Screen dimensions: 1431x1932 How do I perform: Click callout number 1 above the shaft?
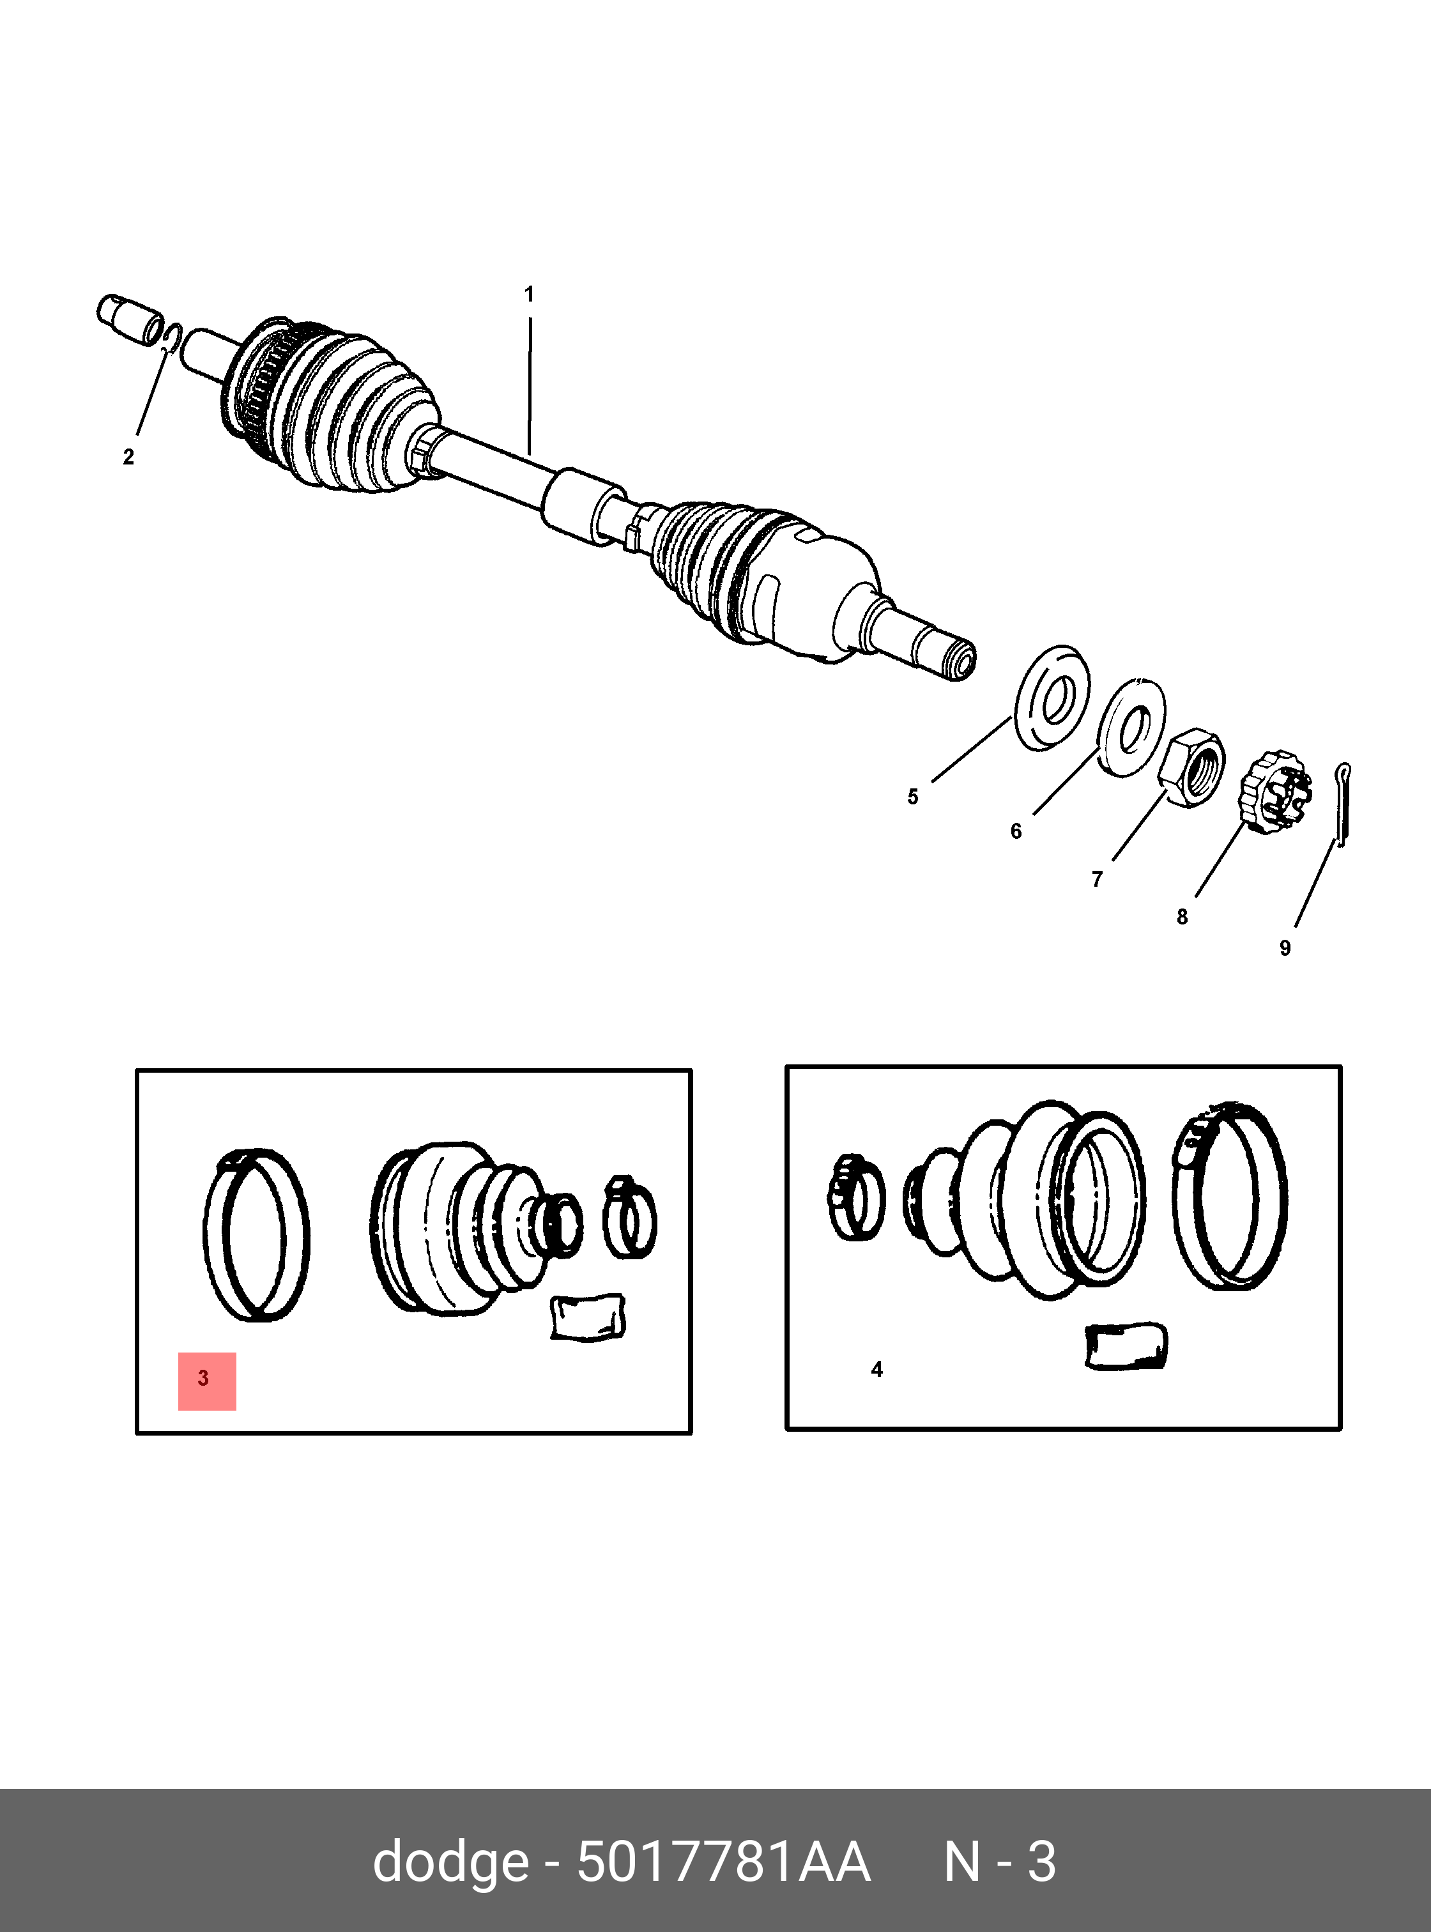(529, 295)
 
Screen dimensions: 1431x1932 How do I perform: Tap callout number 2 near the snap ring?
(128, 457)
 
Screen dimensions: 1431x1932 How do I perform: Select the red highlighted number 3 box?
(207, 1381)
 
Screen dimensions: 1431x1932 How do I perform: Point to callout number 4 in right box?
(876, 1370)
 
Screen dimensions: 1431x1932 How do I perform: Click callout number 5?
(912, 796)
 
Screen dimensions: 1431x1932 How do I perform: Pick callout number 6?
(1016, 831)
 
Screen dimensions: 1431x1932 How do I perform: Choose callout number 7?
(1097, 879)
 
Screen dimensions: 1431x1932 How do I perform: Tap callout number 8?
(1181, 917)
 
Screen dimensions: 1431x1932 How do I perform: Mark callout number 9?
(1285, 948)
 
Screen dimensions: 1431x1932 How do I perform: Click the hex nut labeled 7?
(1192, 767)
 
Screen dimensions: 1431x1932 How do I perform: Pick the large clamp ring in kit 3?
(256, 1234)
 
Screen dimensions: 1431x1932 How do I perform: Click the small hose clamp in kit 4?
(857, 1197)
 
